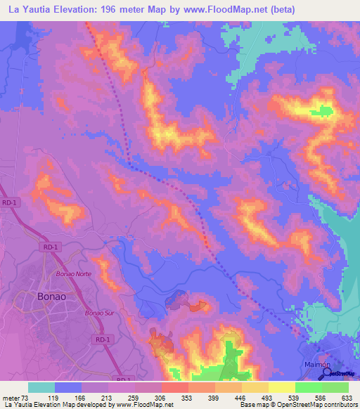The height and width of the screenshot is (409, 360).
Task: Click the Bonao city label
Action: coord(51,297)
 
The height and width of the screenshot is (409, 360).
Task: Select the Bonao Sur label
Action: coord(99,313)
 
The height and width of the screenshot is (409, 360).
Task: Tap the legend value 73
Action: coord(28,396)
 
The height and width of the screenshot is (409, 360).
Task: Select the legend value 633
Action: coord(346,396)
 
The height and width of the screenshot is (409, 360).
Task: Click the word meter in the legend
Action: coord(12,396)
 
